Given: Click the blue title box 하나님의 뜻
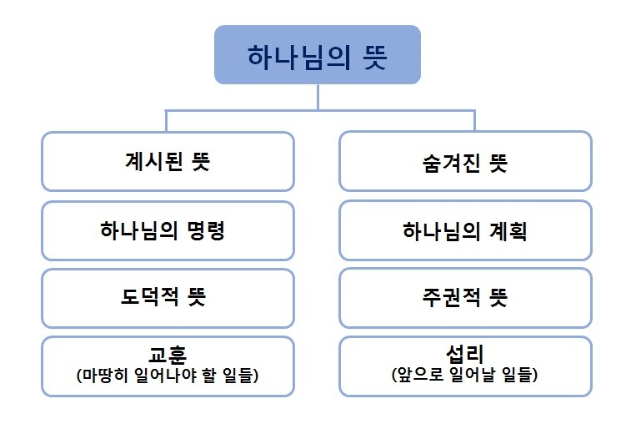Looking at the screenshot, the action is click(x=318, y=55).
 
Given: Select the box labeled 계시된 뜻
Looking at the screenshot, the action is click(x=168, y=161).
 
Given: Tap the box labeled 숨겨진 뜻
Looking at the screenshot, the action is click(x=465, y=161).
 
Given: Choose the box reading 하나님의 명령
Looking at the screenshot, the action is click(x=168, y=230).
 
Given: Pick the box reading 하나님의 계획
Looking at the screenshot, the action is click(x=465, y=230).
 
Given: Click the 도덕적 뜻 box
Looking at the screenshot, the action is click(x=168, y=298).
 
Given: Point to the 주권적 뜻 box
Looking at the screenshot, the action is click(x=465, y=298).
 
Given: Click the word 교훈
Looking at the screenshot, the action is click(x=168, y=354).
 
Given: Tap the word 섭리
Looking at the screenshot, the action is click(x=465, y=353).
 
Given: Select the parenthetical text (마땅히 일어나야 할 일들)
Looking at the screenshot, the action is click(x=168, y=376).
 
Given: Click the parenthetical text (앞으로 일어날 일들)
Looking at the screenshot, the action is click(x=465, y=375).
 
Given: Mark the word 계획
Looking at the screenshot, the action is click(x=508, y=231).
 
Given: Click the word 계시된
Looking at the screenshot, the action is click(x=154, y=161).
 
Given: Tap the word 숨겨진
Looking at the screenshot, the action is click(x=451, y=163).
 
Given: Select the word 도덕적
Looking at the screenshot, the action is click(x=150, y=296).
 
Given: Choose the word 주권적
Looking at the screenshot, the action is click(x=451, y=298).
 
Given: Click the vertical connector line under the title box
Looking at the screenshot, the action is click(x=318, y=97).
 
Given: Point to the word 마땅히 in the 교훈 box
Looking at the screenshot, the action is click(x=104, y=376).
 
